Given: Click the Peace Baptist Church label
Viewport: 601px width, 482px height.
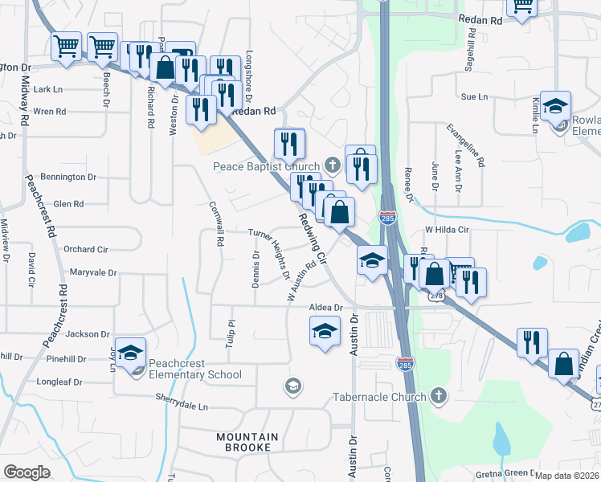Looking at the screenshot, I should [x=266, y=166].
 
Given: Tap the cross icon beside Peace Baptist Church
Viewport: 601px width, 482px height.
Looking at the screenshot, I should [x=333, y=165].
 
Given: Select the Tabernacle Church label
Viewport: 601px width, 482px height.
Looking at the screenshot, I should [x=380, y=397].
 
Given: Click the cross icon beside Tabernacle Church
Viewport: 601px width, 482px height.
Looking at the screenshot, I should [x=438, y=395].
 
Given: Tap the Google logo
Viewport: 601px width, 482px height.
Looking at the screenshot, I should [x=27, y=472].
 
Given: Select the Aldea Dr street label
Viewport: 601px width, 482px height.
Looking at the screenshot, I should [x=326, y=308].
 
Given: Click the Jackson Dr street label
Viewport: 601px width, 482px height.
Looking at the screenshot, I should [x=88, y=333].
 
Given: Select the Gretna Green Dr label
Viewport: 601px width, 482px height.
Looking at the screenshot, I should [x=506, y=474].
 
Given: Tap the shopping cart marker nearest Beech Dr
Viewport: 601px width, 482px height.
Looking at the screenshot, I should [x=102, y=47].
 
